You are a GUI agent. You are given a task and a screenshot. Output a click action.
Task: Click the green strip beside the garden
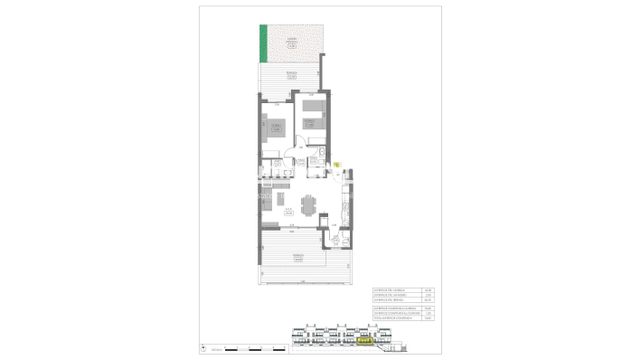point(264,42)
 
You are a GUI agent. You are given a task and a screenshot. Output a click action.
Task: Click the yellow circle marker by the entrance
point(337,164)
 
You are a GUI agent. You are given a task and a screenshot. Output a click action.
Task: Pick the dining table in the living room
point(310,205)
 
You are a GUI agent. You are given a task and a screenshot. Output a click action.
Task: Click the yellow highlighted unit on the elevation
point(365,341)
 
